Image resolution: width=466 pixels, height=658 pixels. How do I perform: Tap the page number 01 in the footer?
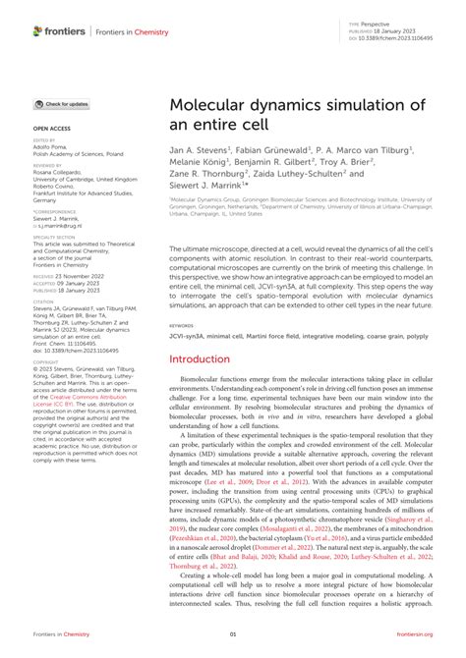click(x=233, y=636)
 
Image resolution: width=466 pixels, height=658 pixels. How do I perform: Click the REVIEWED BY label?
click(x=47, y=166)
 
